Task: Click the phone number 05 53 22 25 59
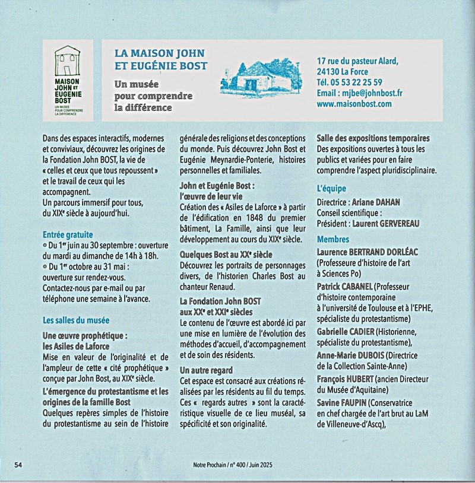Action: point(358,82)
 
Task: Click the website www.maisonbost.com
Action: point(354,104)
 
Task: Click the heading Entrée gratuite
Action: point(68,234)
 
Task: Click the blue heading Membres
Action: point(334,240)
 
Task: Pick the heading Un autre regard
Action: point(205,370)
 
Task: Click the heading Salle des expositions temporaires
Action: point(373,138)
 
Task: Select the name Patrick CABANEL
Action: point(345,287)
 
